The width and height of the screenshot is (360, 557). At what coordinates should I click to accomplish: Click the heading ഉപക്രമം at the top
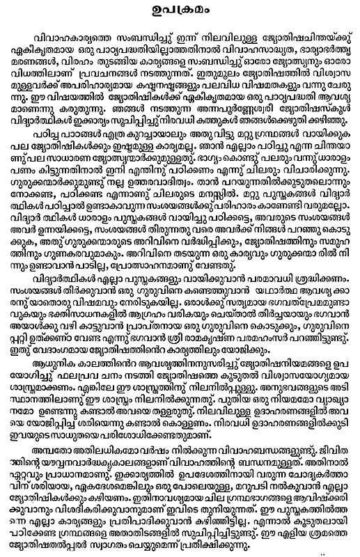tap(180, 10)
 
